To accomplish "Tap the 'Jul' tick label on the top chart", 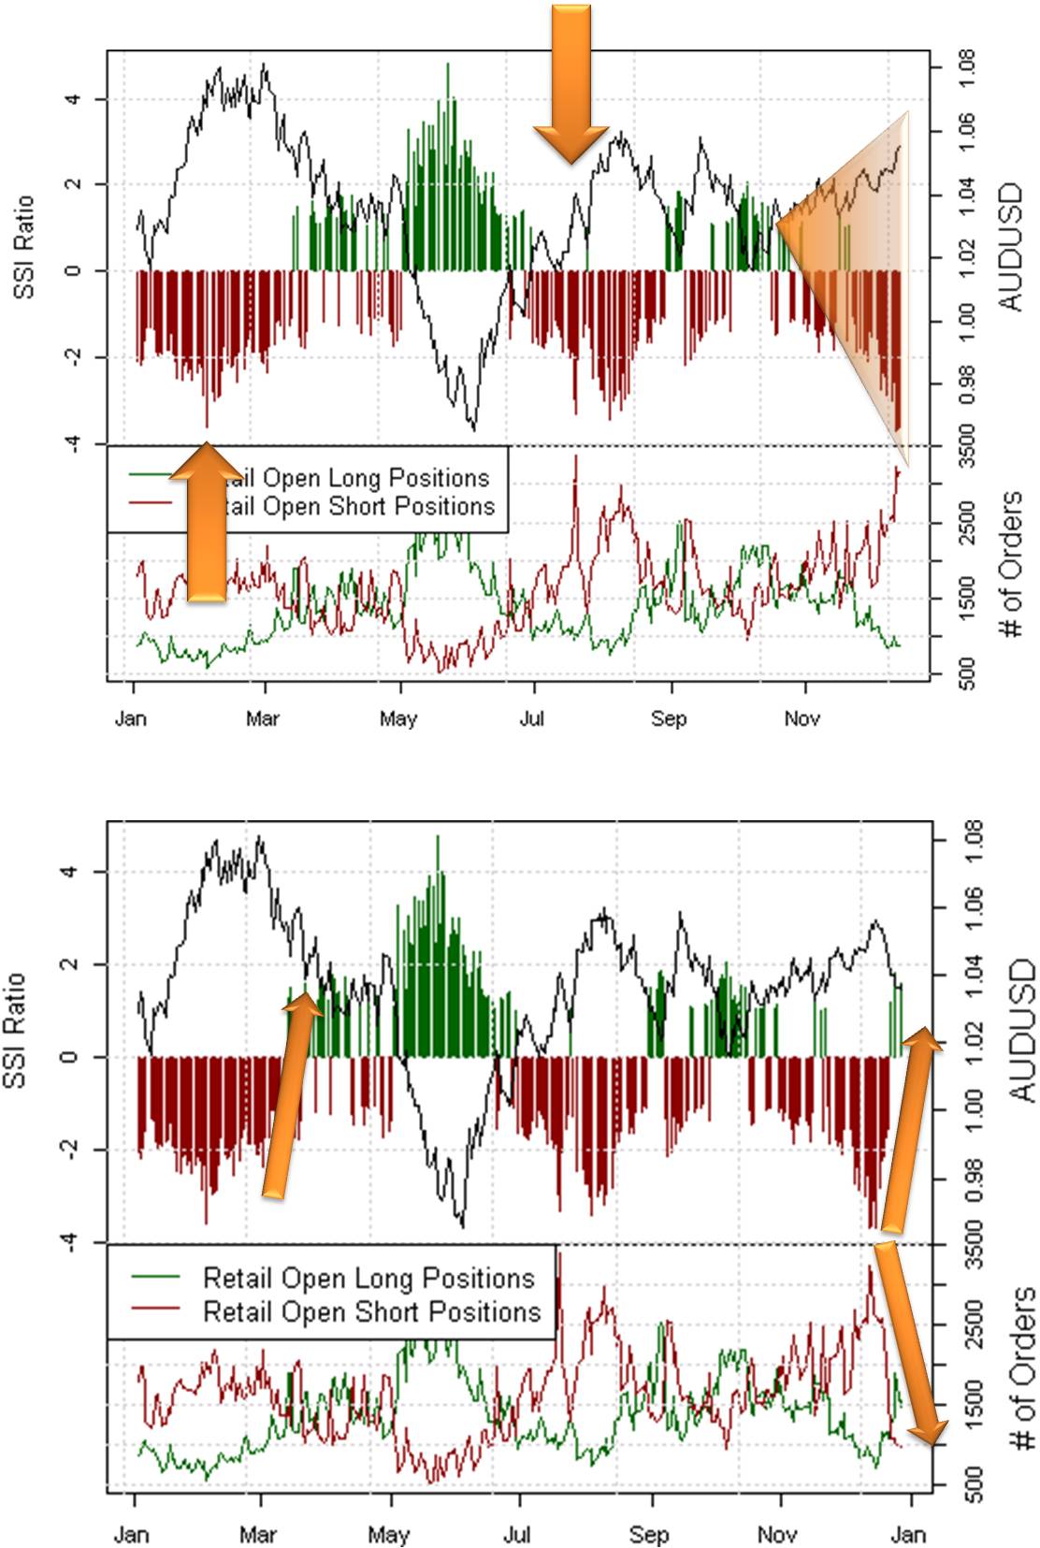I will coord(531,718).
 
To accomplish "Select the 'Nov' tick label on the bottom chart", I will coord(776,1535).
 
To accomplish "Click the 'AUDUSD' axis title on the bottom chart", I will coord(1021,1029).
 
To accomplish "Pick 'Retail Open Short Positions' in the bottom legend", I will coord(371,1311).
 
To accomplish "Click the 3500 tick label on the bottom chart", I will coord(973,1244).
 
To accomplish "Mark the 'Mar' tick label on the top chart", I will coord(262,718).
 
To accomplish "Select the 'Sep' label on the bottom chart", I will coord(648,1535).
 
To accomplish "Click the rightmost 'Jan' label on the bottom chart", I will coord(908,1535).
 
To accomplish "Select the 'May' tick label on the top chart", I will coord(397,718).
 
